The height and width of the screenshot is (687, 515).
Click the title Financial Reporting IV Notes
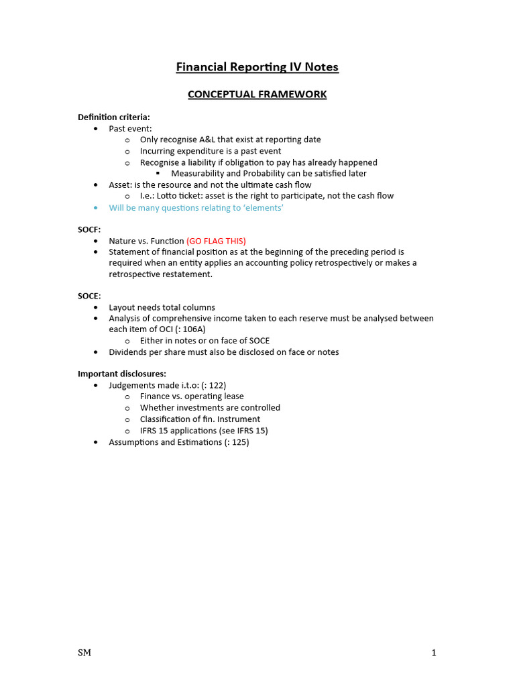pos(257,67)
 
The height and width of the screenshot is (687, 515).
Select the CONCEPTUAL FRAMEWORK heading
pos(257,95)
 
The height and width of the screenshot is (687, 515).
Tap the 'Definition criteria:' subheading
pos(114,117)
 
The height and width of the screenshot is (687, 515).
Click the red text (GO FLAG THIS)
pos(216,241)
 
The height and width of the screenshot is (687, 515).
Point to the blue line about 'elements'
pos(196,208)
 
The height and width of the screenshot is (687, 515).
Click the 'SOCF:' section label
pos(89,229)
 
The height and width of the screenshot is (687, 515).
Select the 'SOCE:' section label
pos(89,296)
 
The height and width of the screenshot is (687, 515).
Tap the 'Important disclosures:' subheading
pos(122,374)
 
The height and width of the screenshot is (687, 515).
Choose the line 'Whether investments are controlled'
pos(210,408)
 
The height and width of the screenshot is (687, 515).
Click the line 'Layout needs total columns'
pos(162,307)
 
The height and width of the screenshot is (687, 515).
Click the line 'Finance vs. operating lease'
pos(192,397)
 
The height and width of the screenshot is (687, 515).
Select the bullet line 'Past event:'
pos(130,128)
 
